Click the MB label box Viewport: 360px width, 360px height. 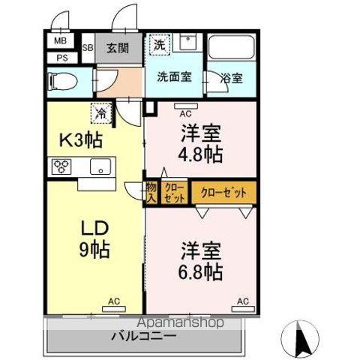60,42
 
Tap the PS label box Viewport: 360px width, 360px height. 60,56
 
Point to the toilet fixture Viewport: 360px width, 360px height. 60,79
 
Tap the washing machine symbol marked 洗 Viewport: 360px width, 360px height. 159,45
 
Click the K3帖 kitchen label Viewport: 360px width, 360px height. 82,139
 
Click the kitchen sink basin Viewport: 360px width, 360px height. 99,166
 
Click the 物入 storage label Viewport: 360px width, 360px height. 151,193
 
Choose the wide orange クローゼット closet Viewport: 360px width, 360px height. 223,193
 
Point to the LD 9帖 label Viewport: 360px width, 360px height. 95,238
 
